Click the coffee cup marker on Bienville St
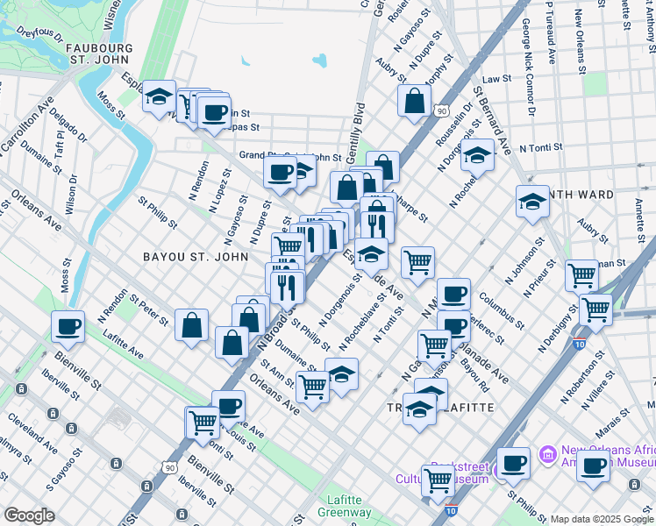pos(68,328)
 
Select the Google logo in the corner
pos(29,515)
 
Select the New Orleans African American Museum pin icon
pos(548,454)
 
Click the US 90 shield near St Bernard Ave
pos(442,111)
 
